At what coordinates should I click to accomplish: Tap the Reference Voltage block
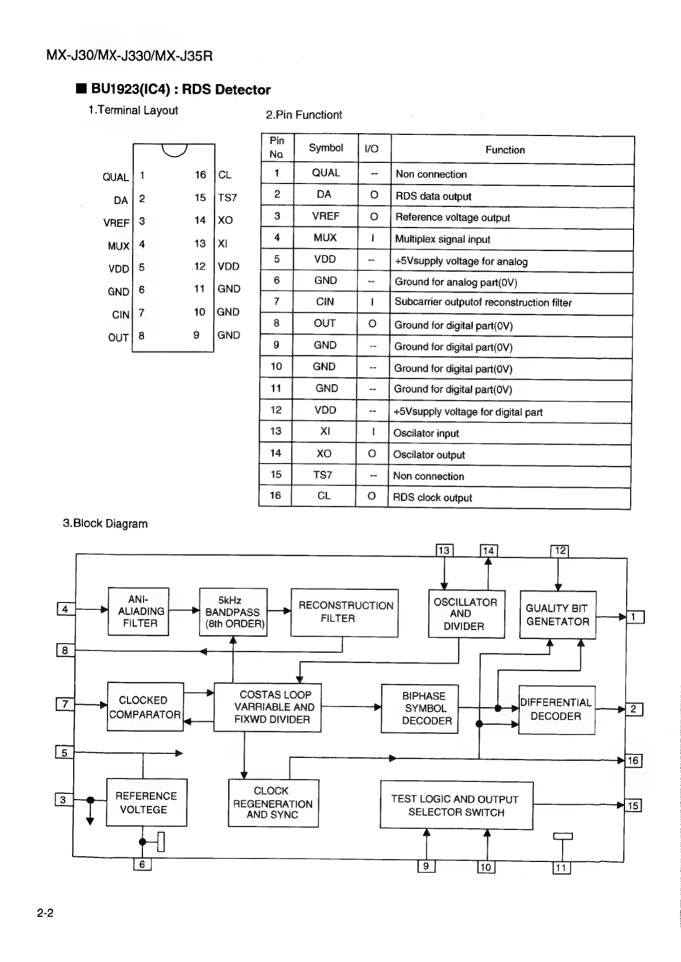point(146,803)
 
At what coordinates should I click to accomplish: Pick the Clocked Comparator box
point(145,707)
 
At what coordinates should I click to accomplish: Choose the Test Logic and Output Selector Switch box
point(456,805)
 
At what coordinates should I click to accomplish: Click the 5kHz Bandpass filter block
point(233,612)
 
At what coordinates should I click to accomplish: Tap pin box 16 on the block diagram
point(633,760)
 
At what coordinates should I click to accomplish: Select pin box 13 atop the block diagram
point(444,550)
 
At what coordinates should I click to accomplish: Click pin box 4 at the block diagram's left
point(65,609)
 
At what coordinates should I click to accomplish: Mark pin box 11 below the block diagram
point(561,868)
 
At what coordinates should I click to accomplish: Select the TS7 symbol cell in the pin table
point(324,475)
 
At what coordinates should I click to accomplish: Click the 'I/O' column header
point(372,149)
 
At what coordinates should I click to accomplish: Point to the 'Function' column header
point(505,150)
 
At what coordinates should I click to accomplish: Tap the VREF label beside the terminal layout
point(116,223)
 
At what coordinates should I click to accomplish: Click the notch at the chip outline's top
point(174,150)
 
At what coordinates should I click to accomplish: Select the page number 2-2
point(45,913)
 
